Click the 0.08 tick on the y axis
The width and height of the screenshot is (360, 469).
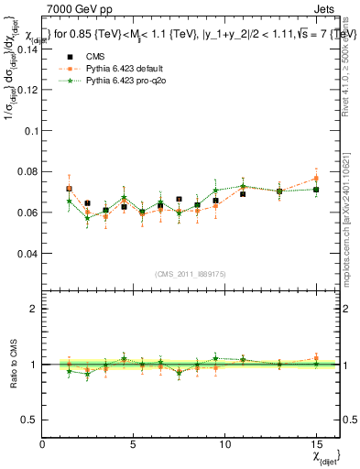27,171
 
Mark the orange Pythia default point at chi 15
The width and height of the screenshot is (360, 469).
316,179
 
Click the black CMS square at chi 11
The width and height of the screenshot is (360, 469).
243,194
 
